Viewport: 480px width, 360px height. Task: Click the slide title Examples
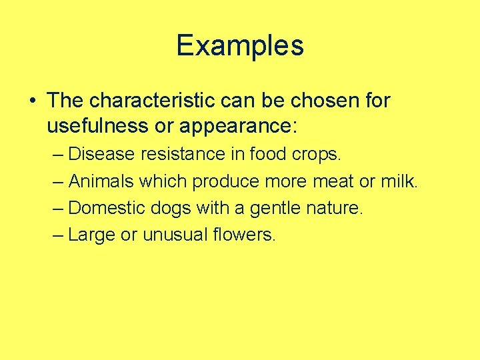(240, 45)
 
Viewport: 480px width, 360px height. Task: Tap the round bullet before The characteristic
(32, 101)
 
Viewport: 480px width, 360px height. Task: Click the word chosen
(324, 101)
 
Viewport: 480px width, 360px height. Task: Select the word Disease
(102, 154)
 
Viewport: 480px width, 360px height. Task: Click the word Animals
(101, 181)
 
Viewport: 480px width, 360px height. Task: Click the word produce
(227, 181)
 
